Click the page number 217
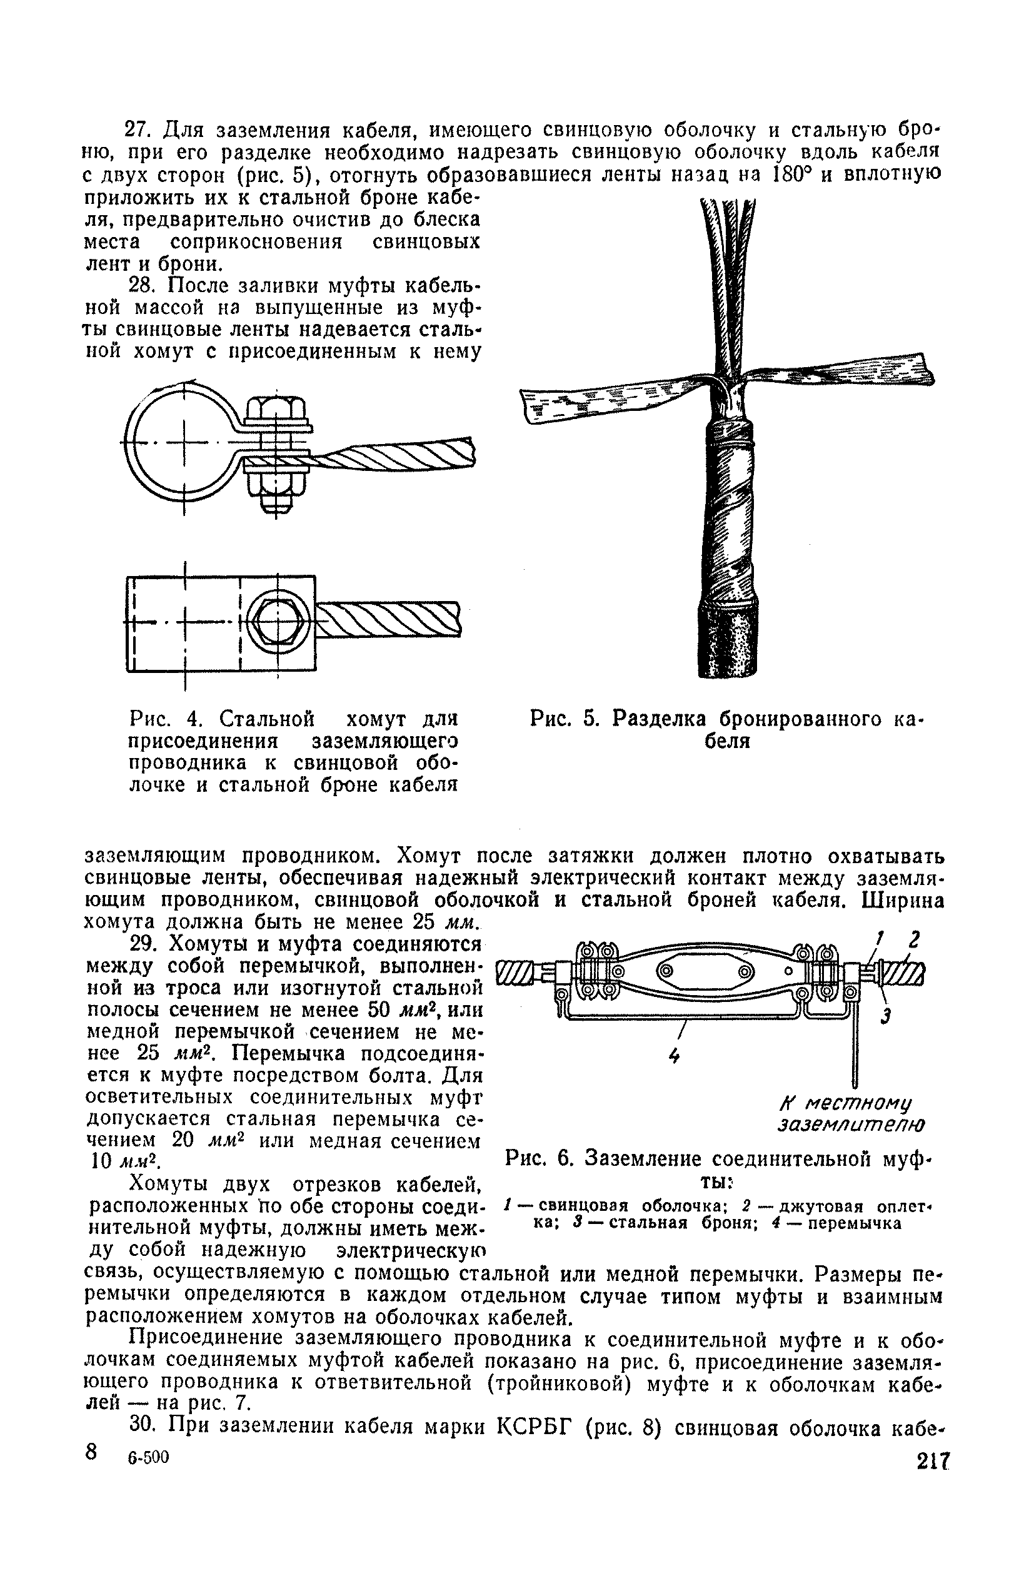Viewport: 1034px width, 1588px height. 933,1461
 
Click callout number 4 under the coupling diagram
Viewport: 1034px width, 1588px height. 675,1056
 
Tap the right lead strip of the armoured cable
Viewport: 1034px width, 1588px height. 847,371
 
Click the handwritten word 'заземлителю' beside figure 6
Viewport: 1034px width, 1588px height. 851,1125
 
